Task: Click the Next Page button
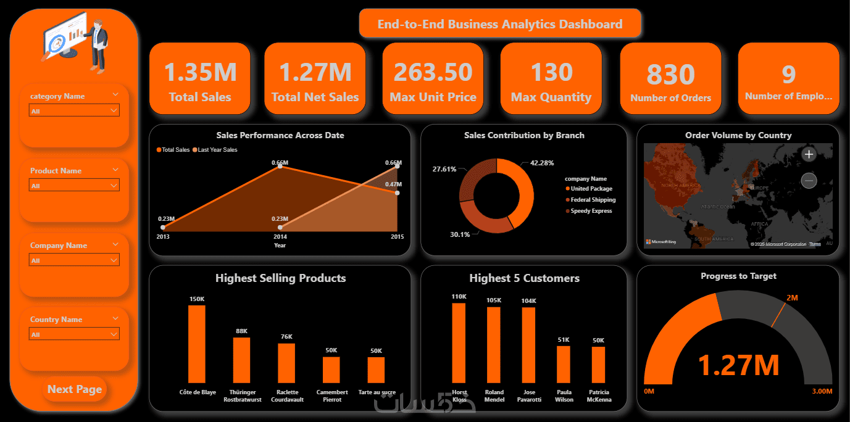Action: pyautogui.click(x=75, y=389)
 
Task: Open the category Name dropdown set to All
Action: pyautogui.click(x=74, y=111)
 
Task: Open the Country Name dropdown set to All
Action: pyautogui.click(x=74, y=334)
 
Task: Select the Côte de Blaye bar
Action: pyautogui.click(x=197, y=344)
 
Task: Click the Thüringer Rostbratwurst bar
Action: pyautogui.click(x=241, y=360)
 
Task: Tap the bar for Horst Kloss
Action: pyautogui.click(x=459, y=342)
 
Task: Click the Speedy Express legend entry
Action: pyautogui.click(x=591, y=211)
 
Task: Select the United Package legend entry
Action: pyautogui.click(x=591, y=189)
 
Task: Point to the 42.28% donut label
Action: pyautogui.click(x=541, y=163)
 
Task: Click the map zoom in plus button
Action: pyautogui.click(x=809, y=154)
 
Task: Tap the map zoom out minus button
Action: pyautogui.click(x=809, y=181)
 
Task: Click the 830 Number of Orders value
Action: pyautogui.click(x=670, y=75)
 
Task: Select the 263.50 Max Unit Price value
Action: pyautogui.click(x=433, y=72)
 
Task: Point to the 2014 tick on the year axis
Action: pyautogui.click(x=280, y=236)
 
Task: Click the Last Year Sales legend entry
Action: pyautogui.click(x=216, y=150)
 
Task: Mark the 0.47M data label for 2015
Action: pyautogui.click(x=393, y=184)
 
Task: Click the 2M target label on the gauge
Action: pyautogui.click(x=792, y=298)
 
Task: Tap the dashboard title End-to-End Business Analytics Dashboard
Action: pyautogui.click(x=500, y=24)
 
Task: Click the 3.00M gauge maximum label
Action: pyautogui.click(x=821, y=391)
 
